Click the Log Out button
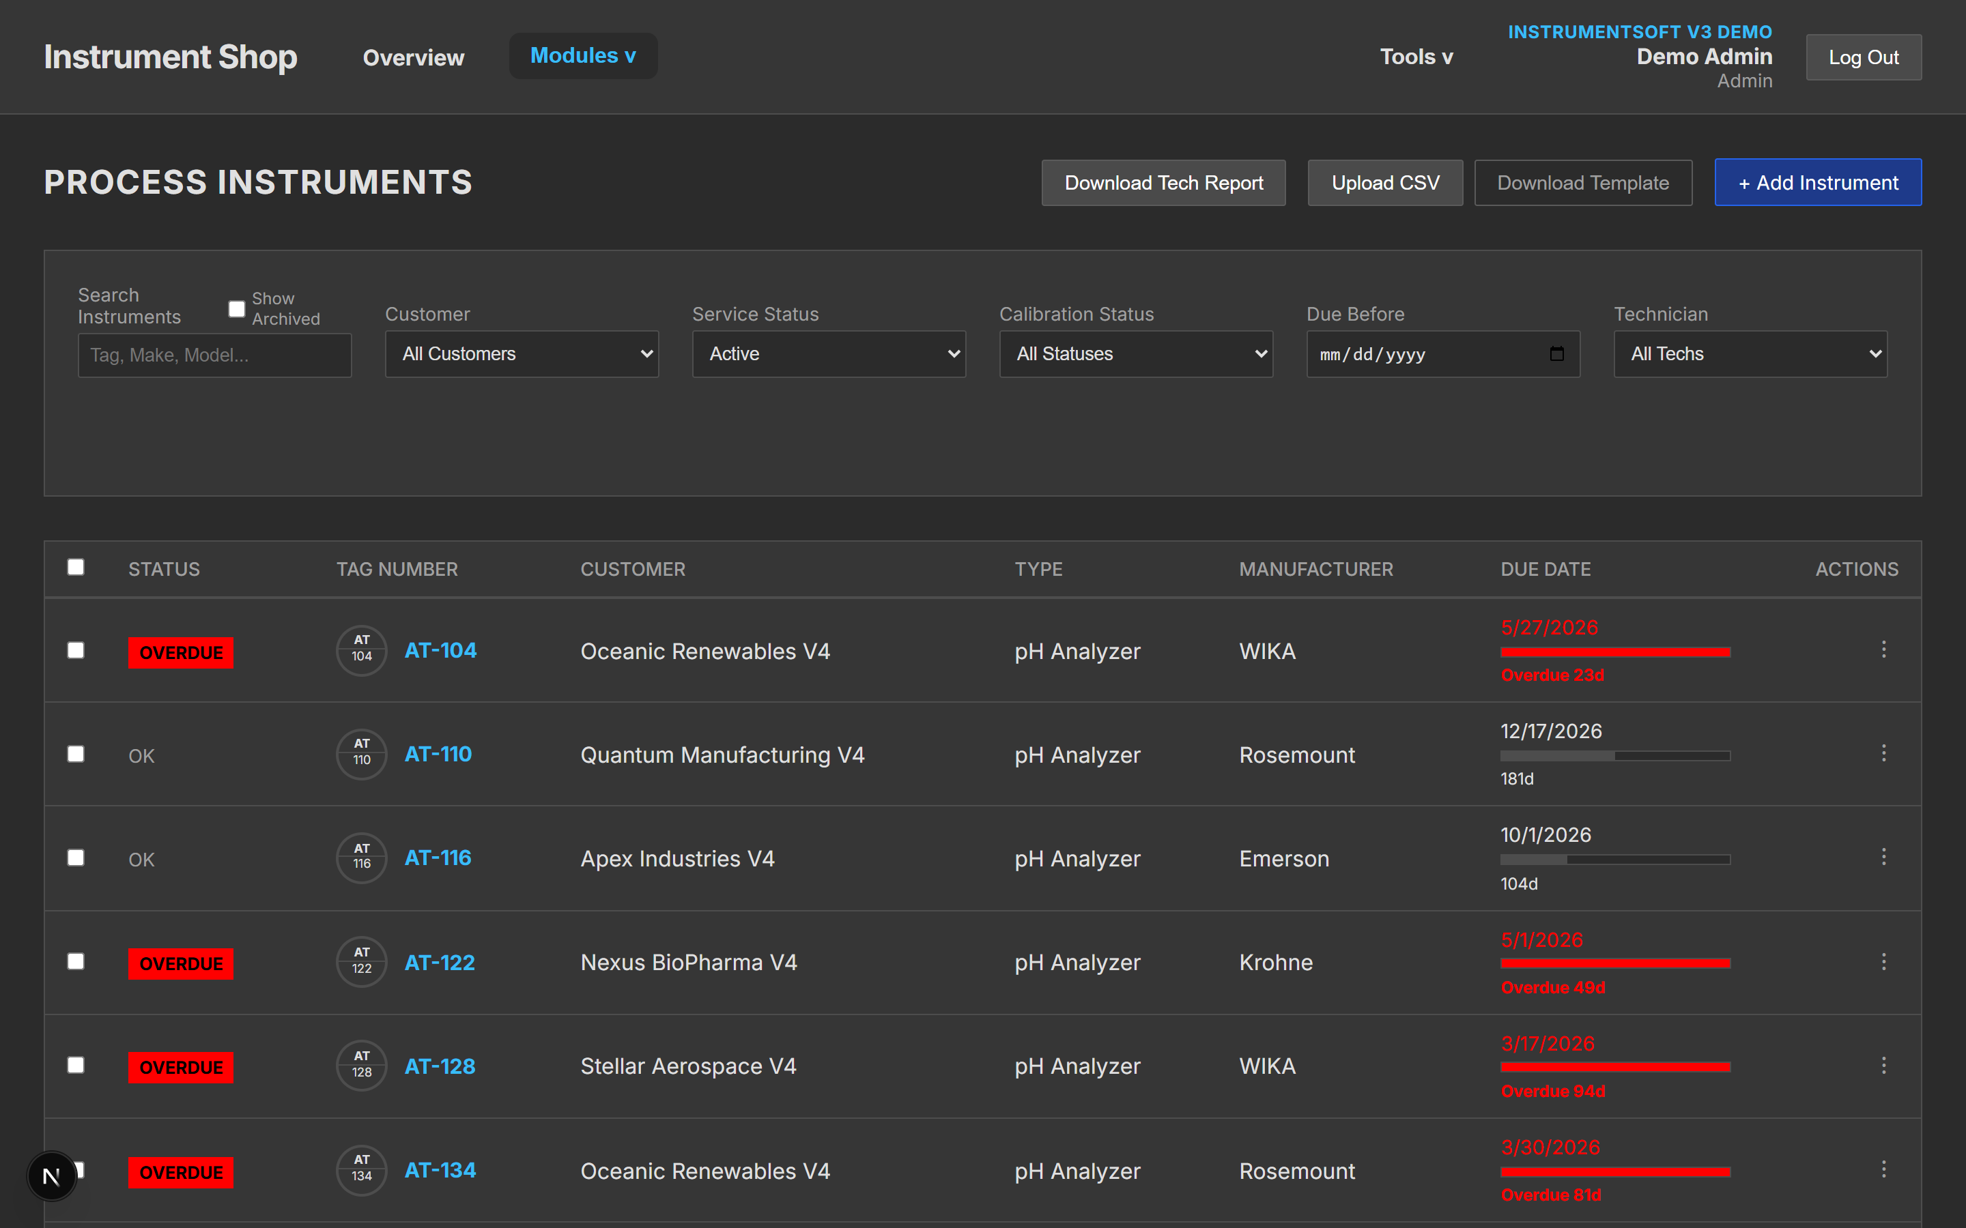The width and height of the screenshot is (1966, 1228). pos(1863,57)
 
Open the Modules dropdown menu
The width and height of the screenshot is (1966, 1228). pos(582,56)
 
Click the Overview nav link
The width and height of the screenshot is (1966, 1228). pos(414,58)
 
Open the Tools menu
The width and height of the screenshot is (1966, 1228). pos(1416,57)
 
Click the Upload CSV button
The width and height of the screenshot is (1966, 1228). pos(1385,183)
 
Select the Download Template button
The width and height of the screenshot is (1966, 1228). pos(1582,183)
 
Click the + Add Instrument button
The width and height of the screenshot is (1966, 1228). pos(1817,183)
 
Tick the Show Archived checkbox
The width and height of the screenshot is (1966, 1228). pos(236,308)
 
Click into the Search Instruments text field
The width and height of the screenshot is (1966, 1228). pos(214,355)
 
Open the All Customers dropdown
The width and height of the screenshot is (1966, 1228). pos(522,354)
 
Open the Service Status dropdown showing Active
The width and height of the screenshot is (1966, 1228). pos(829,354)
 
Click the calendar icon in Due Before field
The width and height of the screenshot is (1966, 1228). pos(1556,353)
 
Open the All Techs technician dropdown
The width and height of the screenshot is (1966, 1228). pos(1750,354)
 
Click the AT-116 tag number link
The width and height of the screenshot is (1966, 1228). pos(438,858)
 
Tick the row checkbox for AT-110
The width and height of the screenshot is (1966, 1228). pos(76,754)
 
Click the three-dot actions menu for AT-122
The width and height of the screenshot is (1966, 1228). pos(1883,962)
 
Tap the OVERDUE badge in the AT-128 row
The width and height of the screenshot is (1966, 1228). pos(180,1067)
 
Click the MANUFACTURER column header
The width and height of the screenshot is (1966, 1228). pos(1315,570)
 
